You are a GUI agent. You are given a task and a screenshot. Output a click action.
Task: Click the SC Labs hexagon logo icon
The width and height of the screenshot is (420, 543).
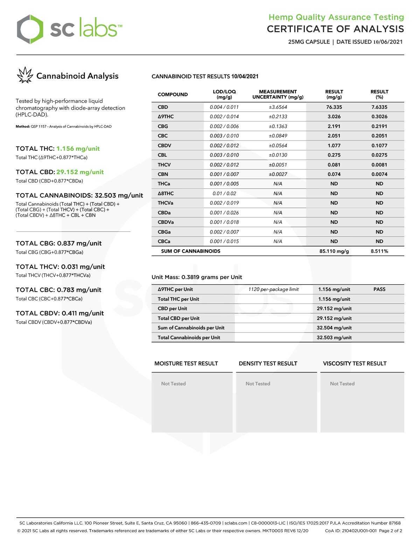coord(30,29)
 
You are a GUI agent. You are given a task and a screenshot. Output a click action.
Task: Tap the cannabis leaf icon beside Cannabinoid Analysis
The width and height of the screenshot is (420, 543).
coord(24,76)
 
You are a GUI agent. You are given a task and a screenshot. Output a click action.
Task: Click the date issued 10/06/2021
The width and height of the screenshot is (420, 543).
coord(388,42)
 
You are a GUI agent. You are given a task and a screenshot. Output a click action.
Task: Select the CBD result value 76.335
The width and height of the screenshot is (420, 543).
coord(334,107)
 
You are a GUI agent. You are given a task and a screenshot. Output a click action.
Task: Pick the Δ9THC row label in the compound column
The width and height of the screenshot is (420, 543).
coord(166,117)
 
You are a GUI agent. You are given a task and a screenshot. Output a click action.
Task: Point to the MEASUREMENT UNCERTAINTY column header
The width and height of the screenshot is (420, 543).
coord(278,94)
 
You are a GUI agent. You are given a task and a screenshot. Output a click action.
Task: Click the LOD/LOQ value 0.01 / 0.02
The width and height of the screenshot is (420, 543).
coord(224,193)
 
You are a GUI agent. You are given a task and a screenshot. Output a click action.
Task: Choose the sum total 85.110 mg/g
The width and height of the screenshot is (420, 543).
coord(334,251)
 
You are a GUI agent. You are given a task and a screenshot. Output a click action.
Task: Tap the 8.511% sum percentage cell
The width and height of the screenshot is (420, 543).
coord(379,251)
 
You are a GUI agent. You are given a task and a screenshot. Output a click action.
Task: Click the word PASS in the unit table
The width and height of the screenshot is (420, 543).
coord(379,290)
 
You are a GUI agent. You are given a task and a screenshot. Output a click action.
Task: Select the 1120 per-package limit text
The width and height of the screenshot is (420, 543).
coord(273,290)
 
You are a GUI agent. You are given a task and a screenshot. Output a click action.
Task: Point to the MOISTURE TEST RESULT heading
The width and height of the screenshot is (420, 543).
coord(186,364)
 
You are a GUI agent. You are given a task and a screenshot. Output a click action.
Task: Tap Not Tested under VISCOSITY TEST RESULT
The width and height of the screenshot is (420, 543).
coord(342,384)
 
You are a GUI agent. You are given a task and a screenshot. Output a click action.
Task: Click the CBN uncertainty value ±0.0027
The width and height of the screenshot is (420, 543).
coord(278,174)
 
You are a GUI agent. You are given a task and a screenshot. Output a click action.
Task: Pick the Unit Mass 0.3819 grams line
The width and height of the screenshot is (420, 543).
coord(197,277)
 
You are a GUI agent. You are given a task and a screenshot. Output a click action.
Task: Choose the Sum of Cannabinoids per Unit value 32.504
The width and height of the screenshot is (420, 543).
coord(334,328)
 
